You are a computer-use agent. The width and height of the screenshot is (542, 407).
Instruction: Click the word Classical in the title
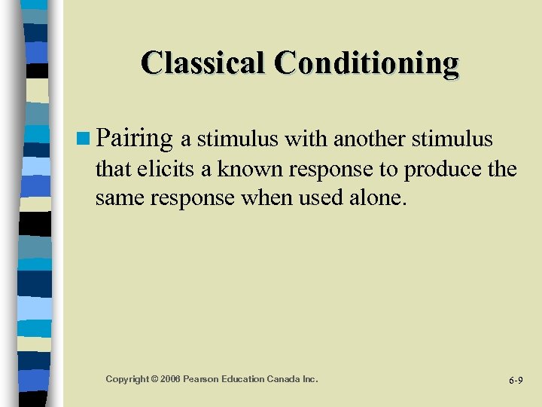tap(204, 63)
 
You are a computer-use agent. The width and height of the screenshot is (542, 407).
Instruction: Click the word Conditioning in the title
tap(367, 63)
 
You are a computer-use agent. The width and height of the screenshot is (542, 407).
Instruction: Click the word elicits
tap(169, 170)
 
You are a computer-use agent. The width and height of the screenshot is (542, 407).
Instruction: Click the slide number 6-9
tap(516, 381)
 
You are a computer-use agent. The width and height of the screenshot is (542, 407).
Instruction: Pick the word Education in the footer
tap(246, 379)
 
